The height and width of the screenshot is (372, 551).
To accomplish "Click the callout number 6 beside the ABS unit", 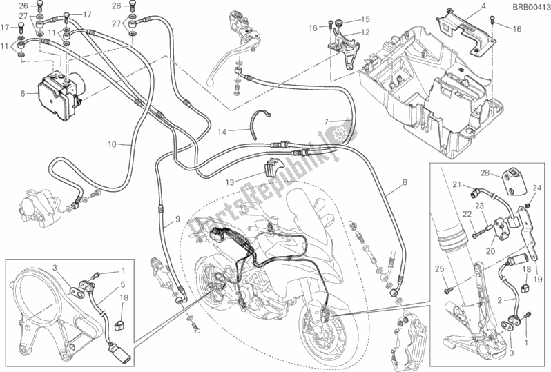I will click(23, 92).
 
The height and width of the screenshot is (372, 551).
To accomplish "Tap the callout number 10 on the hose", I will click(111, 144).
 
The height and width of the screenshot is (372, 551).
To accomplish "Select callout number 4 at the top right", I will click(483, 7).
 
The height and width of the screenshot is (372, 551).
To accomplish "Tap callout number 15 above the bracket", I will click(365, 19).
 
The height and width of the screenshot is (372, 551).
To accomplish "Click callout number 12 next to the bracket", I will click(365, 33).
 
